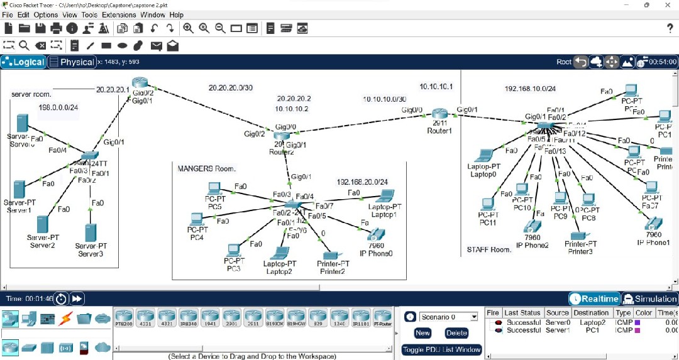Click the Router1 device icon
(x=439, y=114)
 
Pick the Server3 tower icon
(x=91, y=233)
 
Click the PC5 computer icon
(x=214, y=188)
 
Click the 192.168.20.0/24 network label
(x=362, y=182)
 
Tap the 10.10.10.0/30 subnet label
(x=384, y=99)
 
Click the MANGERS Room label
(x=206, y=168)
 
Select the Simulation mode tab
(x=649, y=299)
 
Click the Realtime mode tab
(x=594, y=299)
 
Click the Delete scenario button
(x=456, y=333)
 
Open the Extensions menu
(x=119, y=14)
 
